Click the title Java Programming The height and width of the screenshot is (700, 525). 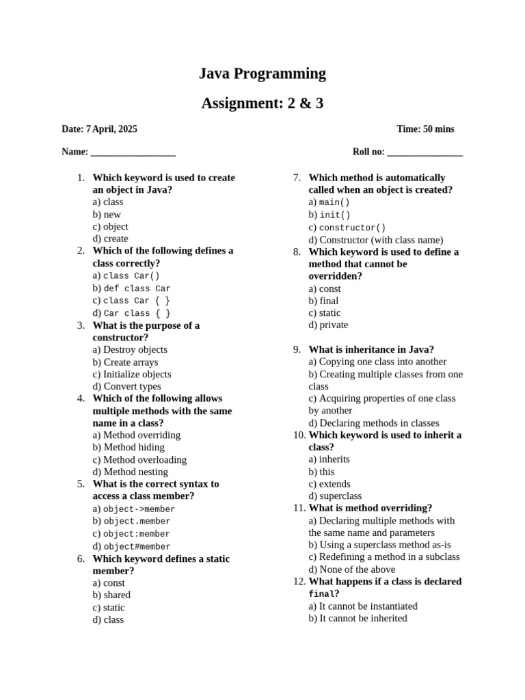pyautogui.click(x=262, y=74)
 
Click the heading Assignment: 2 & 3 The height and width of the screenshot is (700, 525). pyautogui.click(x=262, y=104)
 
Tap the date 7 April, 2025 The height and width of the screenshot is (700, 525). pyautogui.click(x=111, y=129)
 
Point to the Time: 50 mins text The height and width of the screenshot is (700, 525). pyautogui.click(x=425, y=129)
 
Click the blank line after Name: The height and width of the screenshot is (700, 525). pyautogui.click(x=133, y=152)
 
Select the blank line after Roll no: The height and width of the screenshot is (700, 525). pyautogui.click(x=425, y=152)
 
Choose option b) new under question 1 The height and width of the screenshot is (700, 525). pyautogui.click(x=107, y=215)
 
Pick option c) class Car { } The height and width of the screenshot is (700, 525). pyautogui.click(x=131, y=301)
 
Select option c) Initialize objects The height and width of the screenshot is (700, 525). pyautogui.click(x=132, y=375)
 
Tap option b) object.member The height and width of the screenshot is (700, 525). pyautogui.click(x=131, y=522)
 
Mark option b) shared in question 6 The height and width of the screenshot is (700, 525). pyautogui.click(x=111, y=595)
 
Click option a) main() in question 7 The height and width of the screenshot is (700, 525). pyautogui.click(x=329, y=202)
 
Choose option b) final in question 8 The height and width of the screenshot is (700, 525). pyautogui.click(x=323, y=301)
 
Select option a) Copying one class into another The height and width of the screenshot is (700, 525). pyautogui.click(x=377, y=362)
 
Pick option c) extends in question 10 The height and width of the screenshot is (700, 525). pyautogui.click(x=329, y=484)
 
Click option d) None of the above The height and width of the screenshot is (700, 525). pyautogui.click(x=351, y=569)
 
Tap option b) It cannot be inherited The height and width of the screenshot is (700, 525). pyautogui.click(x=358, y=619)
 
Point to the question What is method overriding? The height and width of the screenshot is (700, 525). pyautogui.click(x=370, y=508)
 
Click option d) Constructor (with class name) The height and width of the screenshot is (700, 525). pyautogui.click(x=375, y=240)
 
